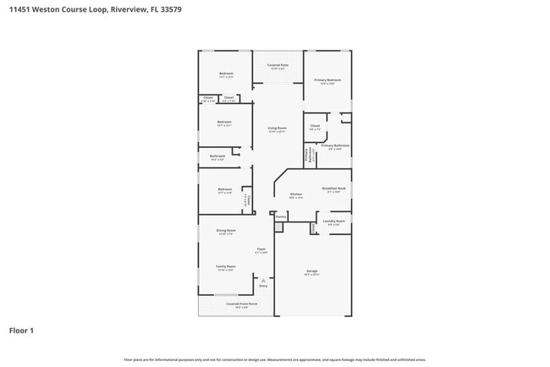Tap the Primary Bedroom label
pos(327,80)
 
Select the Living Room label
pos(277,129)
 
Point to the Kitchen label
pos(296,194)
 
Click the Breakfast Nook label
pos(333,189)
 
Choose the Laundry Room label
pos(333,221)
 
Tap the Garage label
pos(311,271)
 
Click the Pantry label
pos(281,217)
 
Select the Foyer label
pos(262,249)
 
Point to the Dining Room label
pos(225,231)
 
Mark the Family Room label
pos(225,266)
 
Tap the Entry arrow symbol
pos(263,279)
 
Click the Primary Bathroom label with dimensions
pos(335,146)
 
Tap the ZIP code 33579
pos(168,8)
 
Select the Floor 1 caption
pos(21,331)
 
